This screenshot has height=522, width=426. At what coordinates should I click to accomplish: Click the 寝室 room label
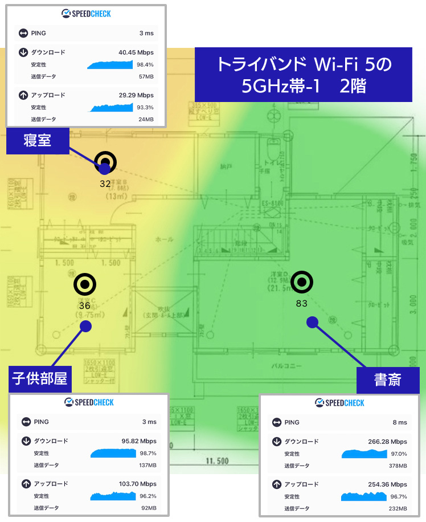(x=38, y=140)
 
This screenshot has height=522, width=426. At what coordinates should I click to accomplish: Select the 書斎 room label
(x=388, y=380)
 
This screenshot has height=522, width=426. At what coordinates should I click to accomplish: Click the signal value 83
(x=302, y=303)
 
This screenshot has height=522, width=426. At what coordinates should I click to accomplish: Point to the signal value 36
(x=84, y=305)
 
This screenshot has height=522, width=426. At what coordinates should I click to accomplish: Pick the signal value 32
(x=105, y=183)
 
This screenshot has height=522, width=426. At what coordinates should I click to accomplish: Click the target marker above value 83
(x=302, y=282)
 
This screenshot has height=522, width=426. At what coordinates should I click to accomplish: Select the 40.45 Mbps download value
(x=136, y=52)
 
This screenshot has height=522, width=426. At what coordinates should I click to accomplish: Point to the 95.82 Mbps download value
(x=139, y=441)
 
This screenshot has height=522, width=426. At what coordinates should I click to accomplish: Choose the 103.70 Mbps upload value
(x=137, y=484)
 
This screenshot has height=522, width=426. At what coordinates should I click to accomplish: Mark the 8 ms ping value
(x=400, y=422)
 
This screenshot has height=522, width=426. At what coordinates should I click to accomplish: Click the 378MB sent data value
(x=398, y=466)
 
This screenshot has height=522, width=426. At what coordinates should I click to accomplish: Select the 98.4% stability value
(x=145, y=64)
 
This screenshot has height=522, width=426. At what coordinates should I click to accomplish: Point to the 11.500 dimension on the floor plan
(x=217, y=460)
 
